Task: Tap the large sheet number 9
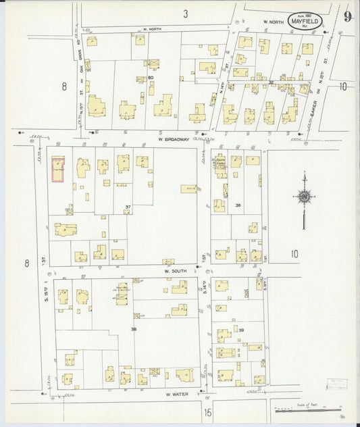346,17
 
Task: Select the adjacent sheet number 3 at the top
184,14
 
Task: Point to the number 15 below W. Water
207,411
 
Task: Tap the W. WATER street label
175,394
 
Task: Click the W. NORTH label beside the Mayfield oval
272,21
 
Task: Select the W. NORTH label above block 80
154,30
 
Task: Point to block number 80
151,78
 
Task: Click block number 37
128,207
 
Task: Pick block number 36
238,205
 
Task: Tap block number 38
134,329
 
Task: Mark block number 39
241,329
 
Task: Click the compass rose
304,197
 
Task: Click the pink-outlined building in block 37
59,170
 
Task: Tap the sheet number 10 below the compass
294,254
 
